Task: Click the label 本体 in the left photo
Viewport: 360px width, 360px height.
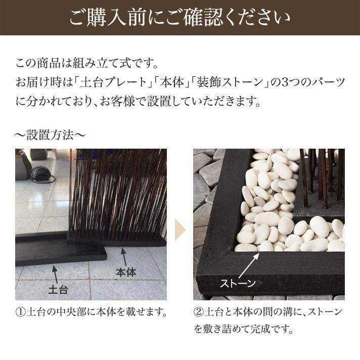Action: tap(126, 272)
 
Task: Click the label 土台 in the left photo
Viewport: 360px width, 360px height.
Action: tap(58, 290)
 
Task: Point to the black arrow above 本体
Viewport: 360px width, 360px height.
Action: tap(123, 256)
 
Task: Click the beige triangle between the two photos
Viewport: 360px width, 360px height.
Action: tap(180, 230)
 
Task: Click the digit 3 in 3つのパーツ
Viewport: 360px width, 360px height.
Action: tap(284, 82)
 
